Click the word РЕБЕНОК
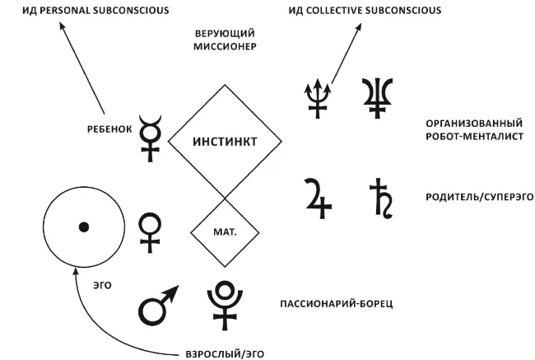[x=109, y=129]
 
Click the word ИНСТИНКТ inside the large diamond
[x=225, y=142]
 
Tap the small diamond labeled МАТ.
[x=224, y=232]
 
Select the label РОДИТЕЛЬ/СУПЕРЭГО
[x=468, y=197]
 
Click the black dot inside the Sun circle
[x=83, y=227]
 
